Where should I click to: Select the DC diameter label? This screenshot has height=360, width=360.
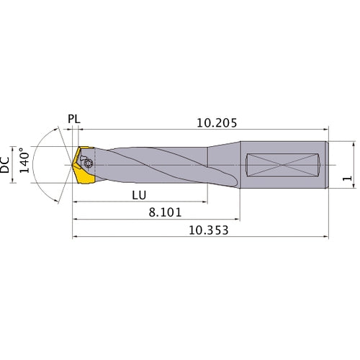pos(6,166)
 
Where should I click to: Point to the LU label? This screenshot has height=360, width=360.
pos(141,195)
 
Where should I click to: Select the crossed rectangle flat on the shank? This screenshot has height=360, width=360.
pos(284,166)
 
